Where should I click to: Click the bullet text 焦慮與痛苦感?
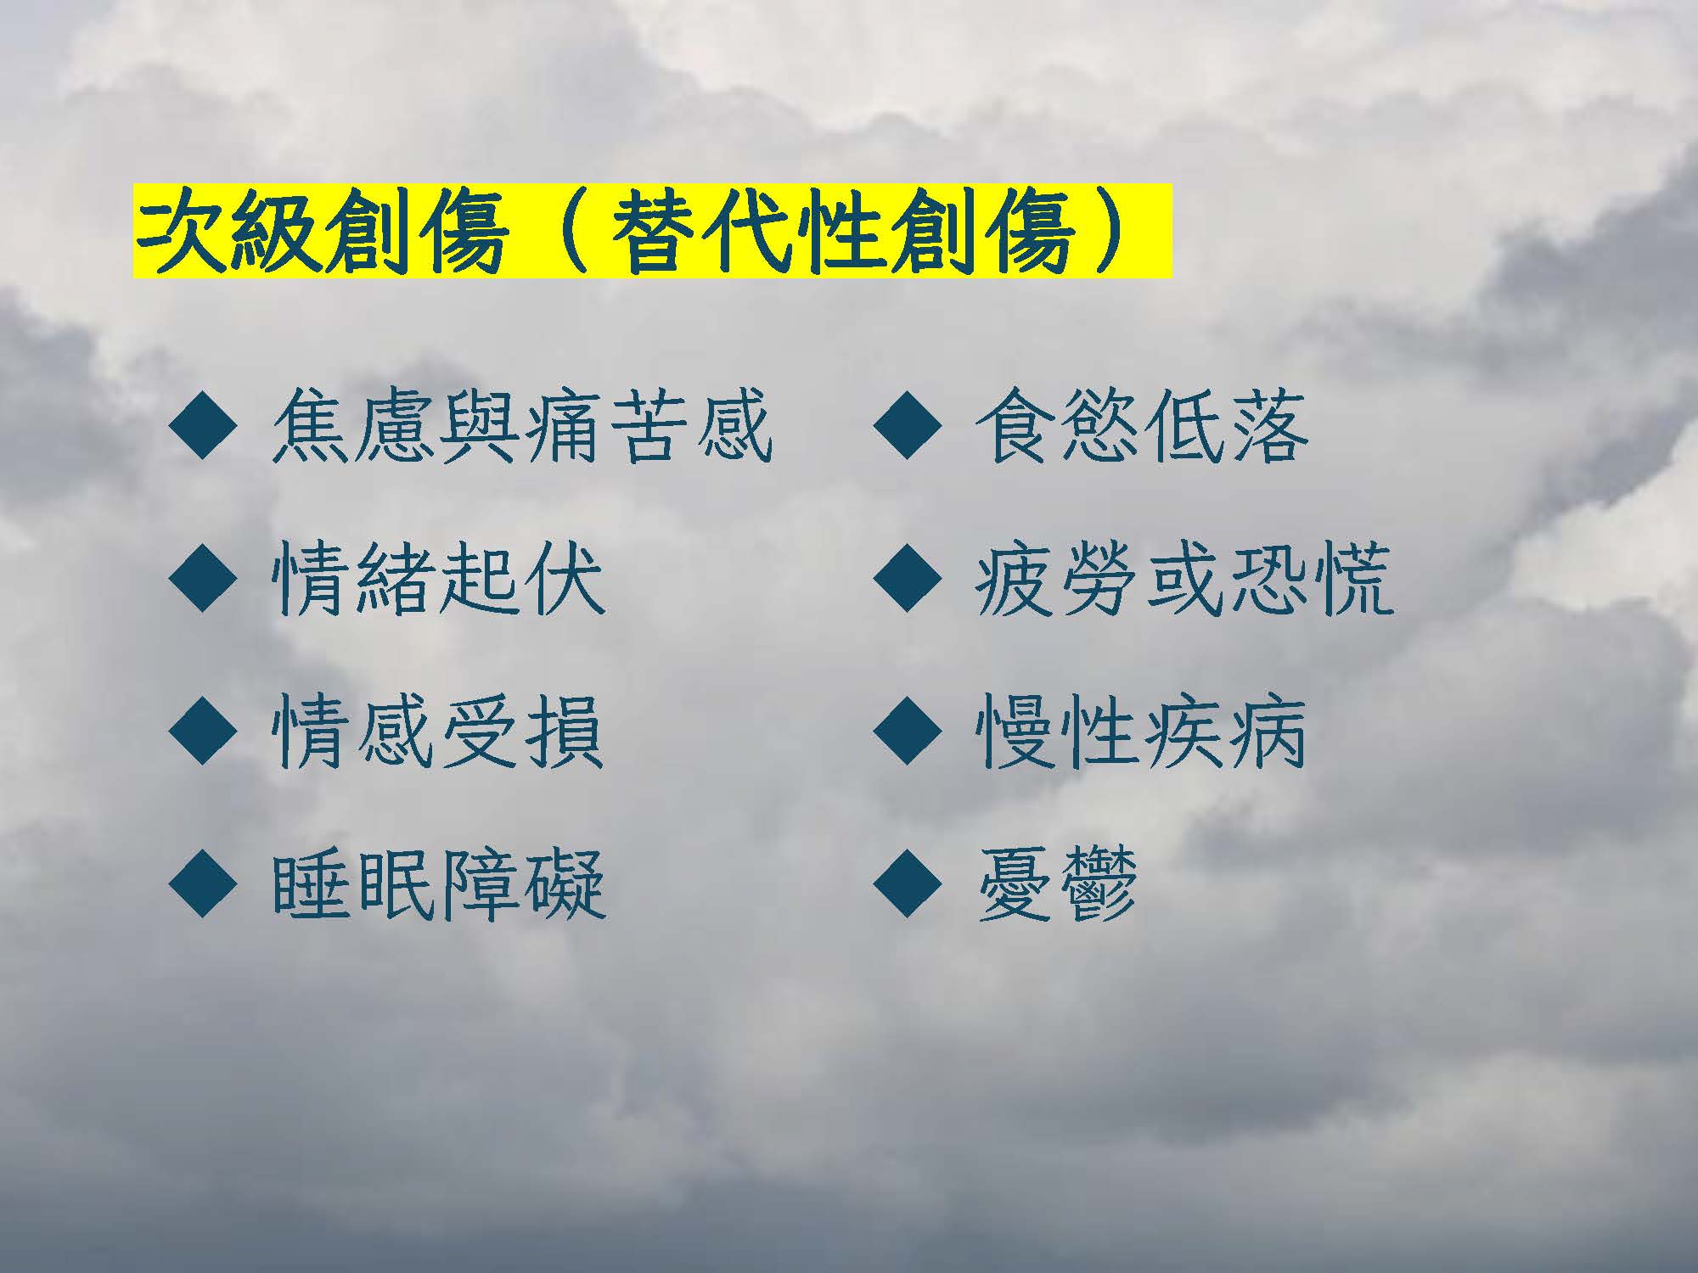pyautogui.click(x=522, y=426)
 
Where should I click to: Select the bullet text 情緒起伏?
pyautogui.click(x=438, y=579)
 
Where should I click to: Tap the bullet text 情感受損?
pyautogui.click(x=438, y=732)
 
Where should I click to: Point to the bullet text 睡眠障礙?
pyautogui.click(x=438, y=884)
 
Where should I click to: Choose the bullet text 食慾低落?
pyautogui.click(x=1140, y=426)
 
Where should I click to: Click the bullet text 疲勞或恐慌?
pyautogui.click(x=1184, y=579)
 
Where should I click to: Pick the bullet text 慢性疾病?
pyautogui.click(x=1140, y=732)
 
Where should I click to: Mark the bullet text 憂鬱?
pyautogui.click(x=1057, y=884)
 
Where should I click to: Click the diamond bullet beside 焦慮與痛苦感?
pyautogui.click(x=203, y=426)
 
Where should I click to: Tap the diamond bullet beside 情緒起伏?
pyautogui.click(x=203, y=579)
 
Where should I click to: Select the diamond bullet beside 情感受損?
pyautogui.click(x=203, y=732)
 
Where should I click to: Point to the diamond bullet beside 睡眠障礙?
pyautogui.click(x=203, y=884)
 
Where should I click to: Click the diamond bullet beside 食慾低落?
pyautogui.click(x=907, y=426)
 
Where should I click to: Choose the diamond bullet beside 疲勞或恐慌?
pyautogui.click(x=907, y=579)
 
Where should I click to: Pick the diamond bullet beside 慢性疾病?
pyautogui.click(x=907, y=732)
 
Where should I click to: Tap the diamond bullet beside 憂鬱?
pyautogui.click(x=907, y=884)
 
